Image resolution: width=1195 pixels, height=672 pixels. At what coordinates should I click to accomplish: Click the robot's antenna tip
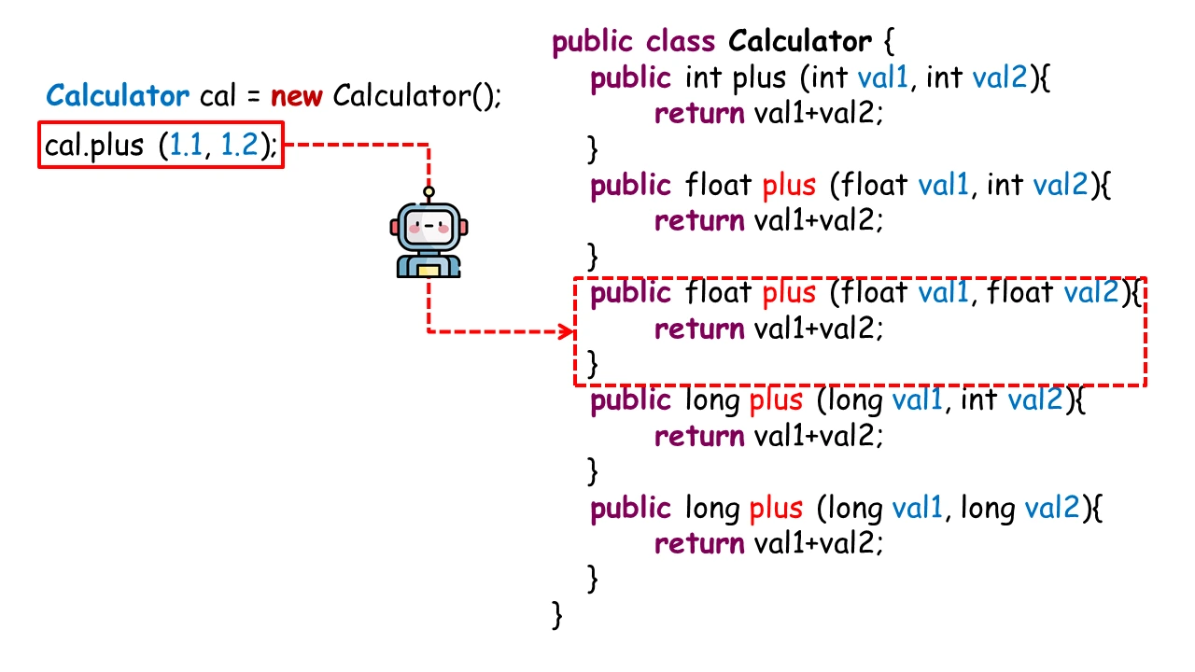click(429, 193)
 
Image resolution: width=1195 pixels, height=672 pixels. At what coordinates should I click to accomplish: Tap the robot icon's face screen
click(429, 227)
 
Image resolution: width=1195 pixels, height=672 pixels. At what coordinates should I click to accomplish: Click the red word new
click(297, 96)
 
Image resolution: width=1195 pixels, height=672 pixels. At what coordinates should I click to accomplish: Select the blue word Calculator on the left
click(118, 96)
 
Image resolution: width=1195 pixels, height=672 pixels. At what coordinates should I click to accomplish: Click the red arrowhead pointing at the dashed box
click(565, 331)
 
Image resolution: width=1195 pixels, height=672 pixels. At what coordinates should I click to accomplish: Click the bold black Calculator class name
click(799, 42)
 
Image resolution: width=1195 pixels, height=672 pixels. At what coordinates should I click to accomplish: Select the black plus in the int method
click(759, 78)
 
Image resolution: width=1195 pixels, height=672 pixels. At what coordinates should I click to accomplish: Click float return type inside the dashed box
click(719, 293)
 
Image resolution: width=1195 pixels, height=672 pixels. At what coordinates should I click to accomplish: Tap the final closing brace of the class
click(558, 614)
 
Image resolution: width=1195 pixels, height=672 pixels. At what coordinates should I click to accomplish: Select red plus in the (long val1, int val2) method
click(777, 401)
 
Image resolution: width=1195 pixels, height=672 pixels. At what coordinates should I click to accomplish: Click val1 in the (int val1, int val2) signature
click(882, 78)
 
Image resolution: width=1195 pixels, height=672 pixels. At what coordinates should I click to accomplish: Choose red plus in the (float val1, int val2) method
click(790, 186)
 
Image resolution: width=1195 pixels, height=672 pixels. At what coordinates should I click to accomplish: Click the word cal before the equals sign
click(219, 96)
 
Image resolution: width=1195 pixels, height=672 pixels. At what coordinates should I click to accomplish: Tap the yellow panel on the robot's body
click(429, 271)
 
